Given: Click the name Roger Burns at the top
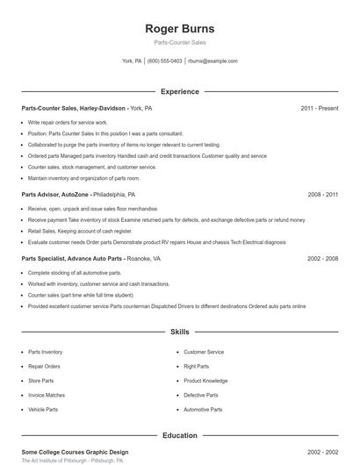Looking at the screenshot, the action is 179,28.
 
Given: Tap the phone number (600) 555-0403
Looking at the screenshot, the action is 164,61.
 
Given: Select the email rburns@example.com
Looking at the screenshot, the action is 213,61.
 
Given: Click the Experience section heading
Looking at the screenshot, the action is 179,91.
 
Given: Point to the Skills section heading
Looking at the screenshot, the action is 179,333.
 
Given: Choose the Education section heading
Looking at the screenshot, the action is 179,435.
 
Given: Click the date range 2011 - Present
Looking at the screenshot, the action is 319,108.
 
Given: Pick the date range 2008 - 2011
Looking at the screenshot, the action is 322,194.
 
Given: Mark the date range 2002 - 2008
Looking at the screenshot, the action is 322,259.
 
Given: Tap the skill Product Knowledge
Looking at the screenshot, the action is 206,381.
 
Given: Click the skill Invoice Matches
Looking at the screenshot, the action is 47,395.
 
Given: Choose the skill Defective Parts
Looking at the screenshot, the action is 201,395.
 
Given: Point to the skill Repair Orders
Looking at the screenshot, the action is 45,366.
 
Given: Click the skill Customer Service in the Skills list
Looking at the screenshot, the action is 204,352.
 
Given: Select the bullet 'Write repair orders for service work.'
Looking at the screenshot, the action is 67,123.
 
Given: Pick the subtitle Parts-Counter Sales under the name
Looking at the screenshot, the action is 179,43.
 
